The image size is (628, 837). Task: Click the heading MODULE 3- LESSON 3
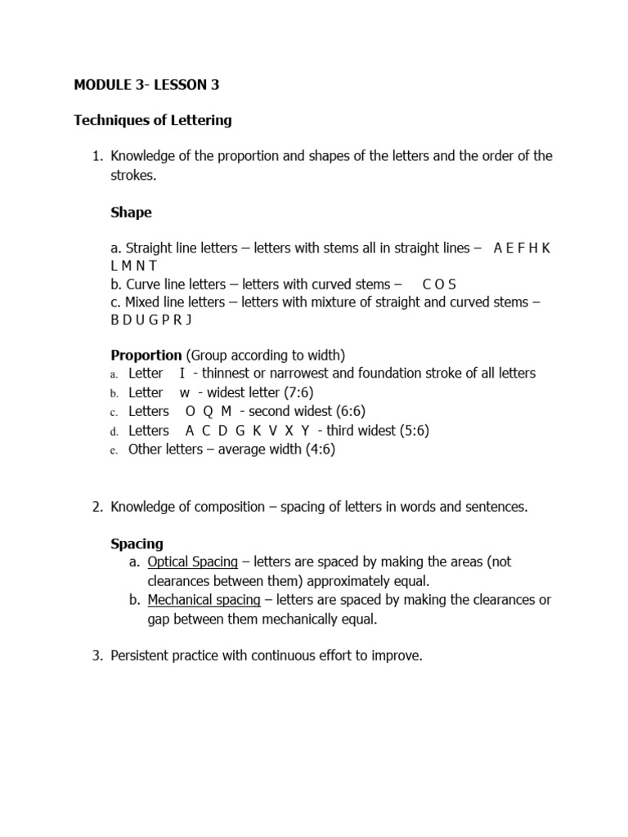click(146, 84)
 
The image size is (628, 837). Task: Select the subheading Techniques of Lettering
click(153, 120)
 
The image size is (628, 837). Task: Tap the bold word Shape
click(131, 213)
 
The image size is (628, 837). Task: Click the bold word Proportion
click(146, 355)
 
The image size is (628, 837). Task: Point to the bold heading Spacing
click(137, 544)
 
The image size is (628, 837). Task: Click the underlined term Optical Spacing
click(193, 562)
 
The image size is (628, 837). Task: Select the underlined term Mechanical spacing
click(204, 600)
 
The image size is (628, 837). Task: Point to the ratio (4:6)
click(318, 450)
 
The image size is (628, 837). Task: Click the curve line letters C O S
click(439, 284)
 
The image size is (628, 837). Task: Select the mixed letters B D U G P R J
click(150, 320)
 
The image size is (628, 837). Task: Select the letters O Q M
click(209, 411)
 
